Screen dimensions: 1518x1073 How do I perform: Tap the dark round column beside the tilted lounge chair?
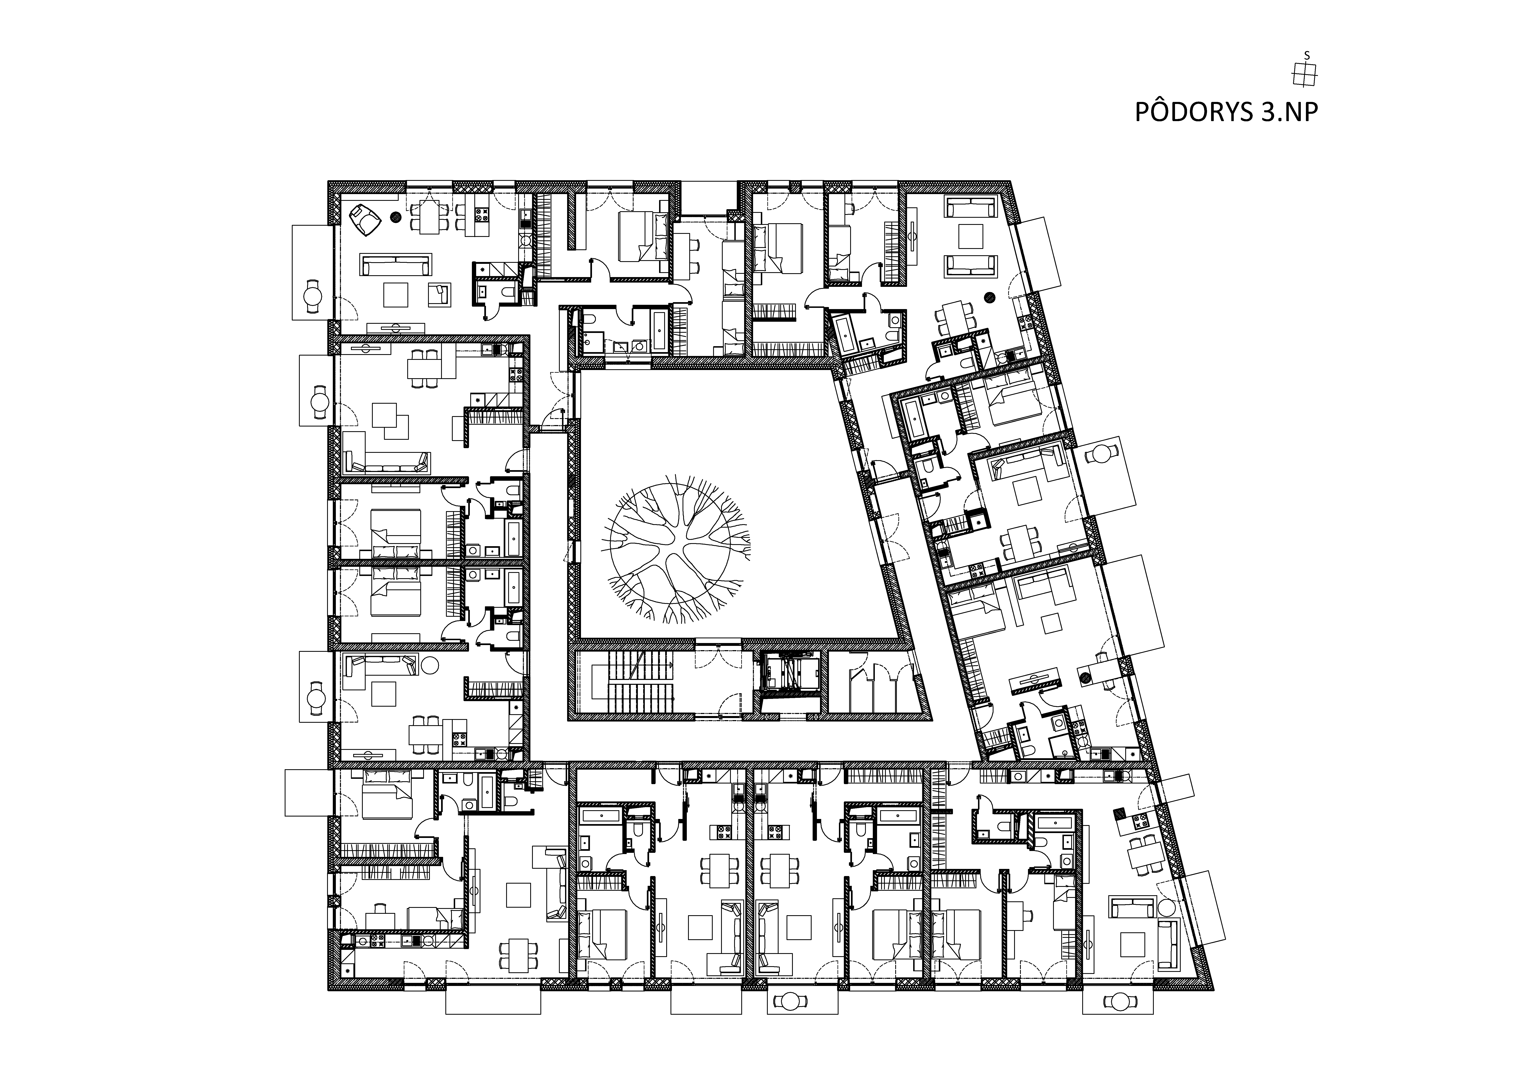pyautogui.click(x=395, y=215)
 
